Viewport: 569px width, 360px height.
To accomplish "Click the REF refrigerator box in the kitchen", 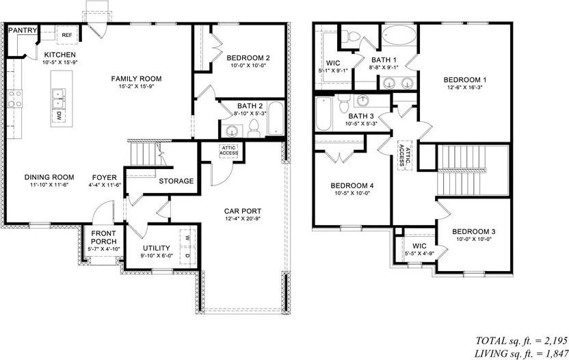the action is tap(67, 35).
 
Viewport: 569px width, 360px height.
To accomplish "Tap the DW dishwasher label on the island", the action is tap(58, 116).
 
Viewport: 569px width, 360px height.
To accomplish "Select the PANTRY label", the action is tap(23, 30).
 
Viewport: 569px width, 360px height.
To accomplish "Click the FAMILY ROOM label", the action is tap(137, 79).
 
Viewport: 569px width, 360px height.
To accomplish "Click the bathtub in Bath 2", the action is tap(276, 119).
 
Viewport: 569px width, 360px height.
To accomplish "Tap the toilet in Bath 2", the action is tap(254, 129).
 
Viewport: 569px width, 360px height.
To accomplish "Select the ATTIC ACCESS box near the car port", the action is tap(229, 151).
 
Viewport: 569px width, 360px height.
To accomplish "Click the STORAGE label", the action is tap(176, 181).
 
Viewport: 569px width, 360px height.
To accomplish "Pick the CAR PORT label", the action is tap(243, 211).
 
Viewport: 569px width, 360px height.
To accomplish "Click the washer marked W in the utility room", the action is tap(188, 238).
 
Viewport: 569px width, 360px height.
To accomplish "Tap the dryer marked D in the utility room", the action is tap(188, 256).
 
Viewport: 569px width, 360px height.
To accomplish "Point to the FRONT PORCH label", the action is tap(104, 237).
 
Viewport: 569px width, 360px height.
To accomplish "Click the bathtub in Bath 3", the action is tap(323, 114).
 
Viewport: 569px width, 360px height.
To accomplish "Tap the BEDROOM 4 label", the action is tap(352, 185).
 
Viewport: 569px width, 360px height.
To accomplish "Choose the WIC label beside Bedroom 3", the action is tap(419, 246).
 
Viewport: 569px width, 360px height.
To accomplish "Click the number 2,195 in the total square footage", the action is tap(555, 340).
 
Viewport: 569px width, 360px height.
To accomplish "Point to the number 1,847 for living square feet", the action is tap(555, 352).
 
